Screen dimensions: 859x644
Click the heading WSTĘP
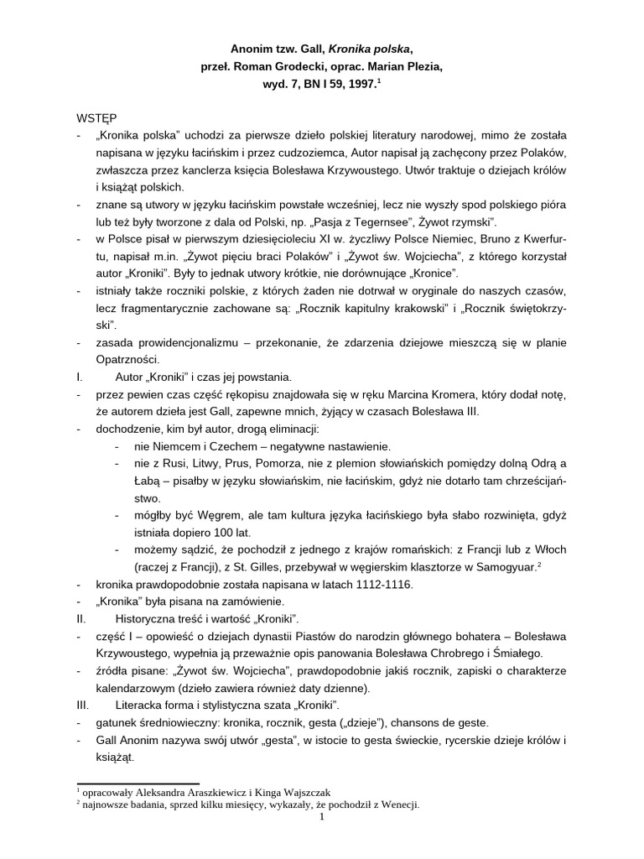(95, 119)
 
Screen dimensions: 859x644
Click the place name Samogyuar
(500, 566)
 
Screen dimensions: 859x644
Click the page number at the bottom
(322, 819)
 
